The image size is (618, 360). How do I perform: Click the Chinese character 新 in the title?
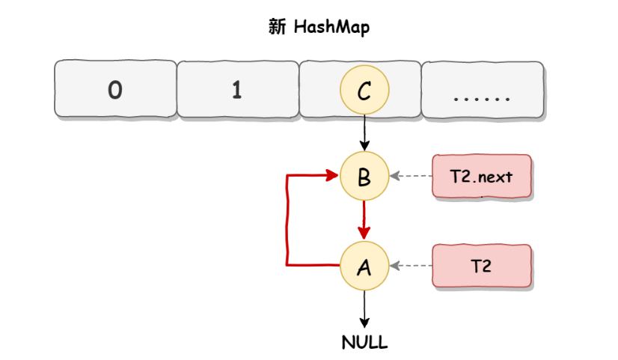pos(276,28)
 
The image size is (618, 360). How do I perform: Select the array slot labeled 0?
pos(115,90)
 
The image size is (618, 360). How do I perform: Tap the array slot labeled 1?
pos(237,90)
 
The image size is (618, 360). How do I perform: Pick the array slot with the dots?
pos(483,90)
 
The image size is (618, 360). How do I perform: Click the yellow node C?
pos(364,91)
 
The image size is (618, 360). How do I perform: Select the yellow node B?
pos(364,177)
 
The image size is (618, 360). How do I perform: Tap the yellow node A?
pos(364,266)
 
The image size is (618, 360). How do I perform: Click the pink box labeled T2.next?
pos(482,177)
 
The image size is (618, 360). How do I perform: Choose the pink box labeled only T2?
pos(482,266)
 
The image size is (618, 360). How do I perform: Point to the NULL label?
pos(364,343)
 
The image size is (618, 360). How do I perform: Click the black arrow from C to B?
pos(364,132)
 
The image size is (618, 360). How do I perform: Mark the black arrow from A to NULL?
pos(364,307)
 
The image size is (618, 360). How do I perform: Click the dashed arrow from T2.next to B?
pos(412,177)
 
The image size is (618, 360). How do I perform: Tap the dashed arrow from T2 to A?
pos(412,266)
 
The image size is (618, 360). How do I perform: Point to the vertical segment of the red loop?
pos(287,221)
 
